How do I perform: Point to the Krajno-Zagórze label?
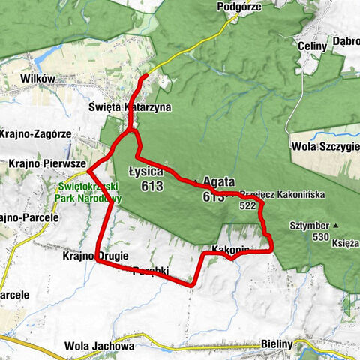click(34, 133)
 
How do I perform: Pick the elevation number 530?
click(322, 237)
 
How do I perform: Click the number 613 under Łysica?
click(151, 185)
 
